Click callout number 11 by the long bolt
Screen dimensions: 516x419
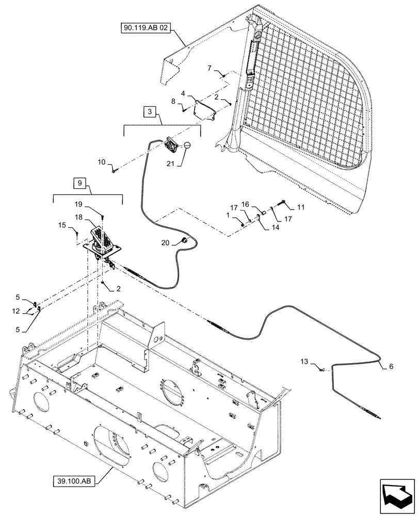(x=301, y=207)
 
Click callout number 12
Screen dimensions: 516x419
(x=16, y=311)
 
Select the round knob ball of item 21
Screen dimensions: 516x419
(x=187, y=145)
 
